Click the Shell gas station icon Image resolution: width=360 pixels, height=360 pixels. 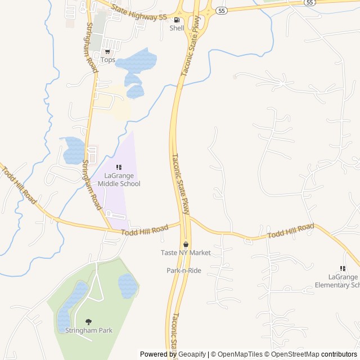[x=177, y=20]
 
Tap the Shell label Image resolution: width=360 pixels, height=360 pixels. [x=177, y=28]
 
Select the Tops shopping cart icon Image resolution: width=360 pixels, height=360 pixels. [x=107, y=52]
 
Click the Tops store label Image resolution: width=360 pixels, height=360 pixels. [x=107, y=60]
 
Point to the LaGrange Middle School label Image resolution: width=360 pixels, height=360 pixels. [x=119, y=179]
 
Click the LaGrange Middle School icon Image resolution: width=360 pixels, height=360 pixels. [x=119, y=168]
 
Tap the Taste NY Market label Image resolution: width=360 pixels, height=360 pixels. [x=186, y=253]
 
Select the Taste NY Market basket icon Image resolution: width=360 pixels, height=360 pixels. [x=186, y=244]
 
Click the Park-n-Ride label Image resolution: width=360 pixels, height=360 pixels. [x=183, y=271]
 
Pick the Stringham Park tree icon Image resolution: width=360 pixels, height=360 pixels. [x=88, y=322]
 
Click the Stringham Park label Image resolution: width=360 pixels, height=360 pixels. [x=88, y=330]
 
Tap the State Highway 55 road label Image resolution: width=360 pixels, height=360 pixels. [x=139, y=13]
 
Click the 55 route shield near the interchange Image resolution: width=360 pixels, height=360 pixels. [x=222, y=11]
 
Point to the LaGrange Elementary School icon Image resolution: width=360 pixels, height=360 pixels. [x=343, y=268]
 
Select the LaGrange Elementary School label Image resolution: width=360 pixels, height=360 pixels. [x=344, y=281]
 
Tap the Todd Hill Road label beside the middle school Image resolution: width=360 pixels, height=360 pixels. [x=145, y=229]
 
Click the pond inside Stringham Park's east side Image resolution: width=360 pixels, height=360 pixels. [x=128, y=286]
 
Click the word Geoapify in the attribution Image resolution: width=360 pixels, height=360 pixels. [x=192, y=354]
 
